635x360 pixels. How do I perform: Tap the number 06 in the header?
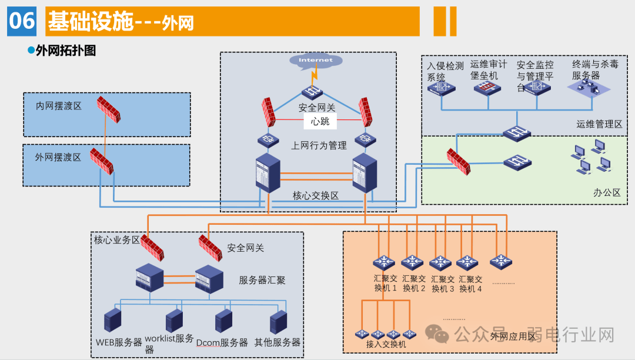point(22,21)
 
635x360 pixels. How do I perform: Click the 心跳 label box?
point(320,122)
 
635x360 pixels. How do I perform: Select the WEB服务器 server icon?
point(112,321)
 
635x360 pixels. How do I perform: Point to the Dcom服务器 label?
point(222,342)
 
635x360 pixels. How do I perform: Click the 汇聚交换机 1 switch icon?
point(385,262)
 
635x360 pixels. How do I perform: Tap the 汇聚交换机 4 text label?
point(470,284)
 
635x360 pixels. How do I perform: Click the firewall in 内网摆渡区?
point(109,109)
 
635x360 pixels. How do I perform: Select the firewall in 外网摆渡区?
point(101,161)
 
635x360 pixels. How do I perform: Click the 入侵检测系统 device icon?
point(441,88)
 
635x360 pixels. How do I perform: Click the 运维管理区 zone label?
point(599,124)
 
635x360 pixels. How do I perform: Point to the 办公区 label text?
point(606,192)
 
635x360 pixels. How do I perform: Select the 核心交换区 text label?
point(316,195)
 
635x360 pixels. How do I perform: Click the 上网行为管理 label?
point(319,145)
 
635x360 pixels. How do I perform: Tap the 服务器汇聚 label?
point(262,280)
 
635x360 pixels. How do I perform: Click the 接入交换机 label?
point(386,344)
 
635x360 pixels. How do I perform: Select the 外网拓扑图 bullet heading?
point(65,51)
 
